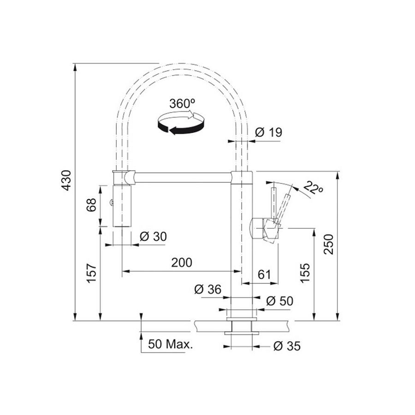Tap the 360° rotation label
pos(182,103)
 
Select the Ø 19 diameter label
pos(268,132)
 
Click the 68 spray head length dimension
pos(91,205)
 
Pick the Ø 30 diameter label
pos(152,237)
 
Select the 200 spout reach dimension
pos(181,262)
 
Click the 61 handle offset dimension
pos(263,274)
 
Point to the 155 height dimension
pos(306,273)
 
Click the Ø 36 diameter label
pos(208,290)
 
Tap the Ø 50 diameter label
pos(279,301)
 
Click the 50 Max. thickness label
pos(170,344)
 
